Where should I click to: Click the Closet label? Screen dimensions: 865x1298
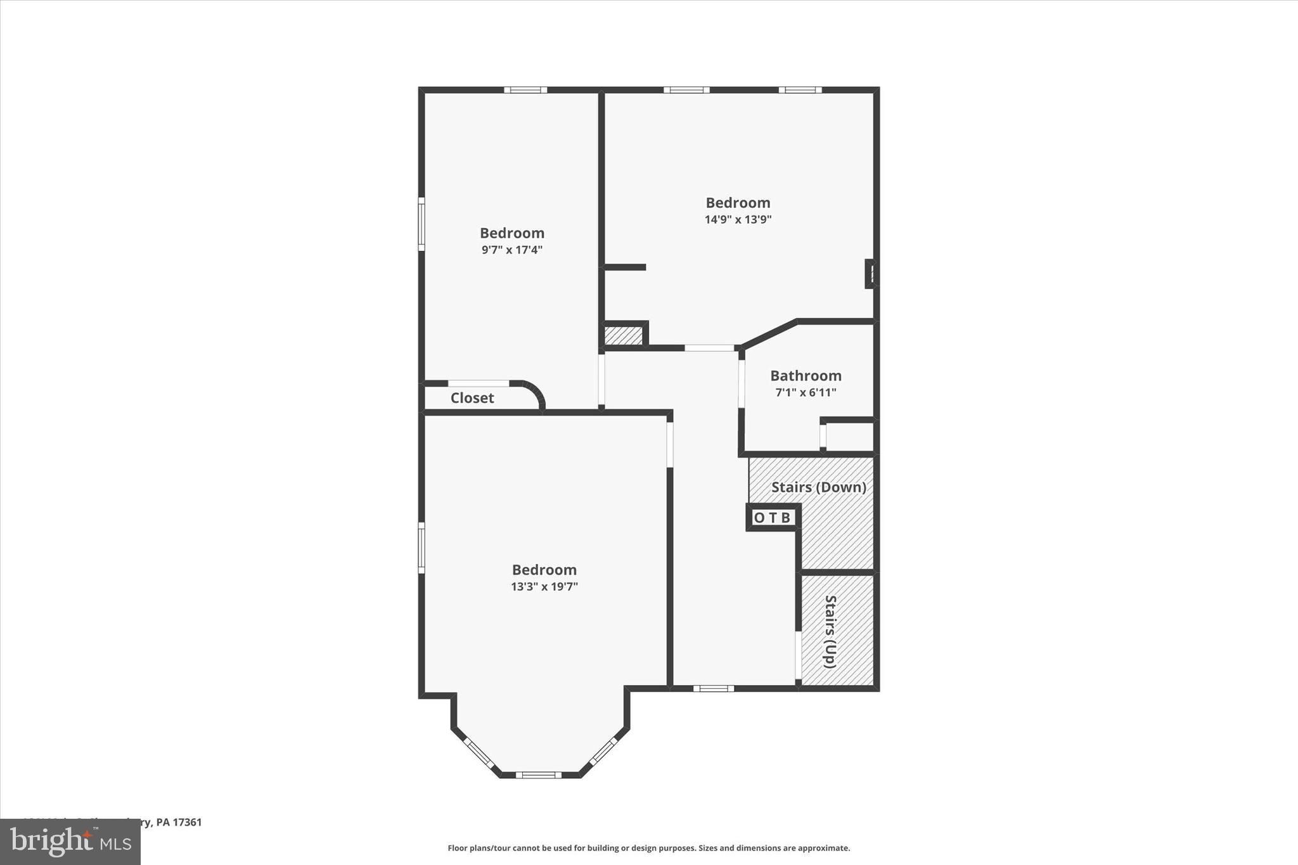pos(472,398)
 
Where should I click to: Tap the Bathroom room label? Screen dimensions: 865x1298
pos(806,376)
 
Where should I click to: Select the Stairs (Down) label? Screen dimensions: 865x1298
pos(818,487)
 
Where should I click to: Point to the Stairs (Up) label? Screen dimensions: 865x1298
pos(830,631)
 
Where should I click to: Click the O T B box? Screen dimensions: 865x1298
pos(772,518)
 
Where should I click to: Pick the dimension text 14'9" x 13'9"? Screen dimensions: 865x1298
pos(738,220)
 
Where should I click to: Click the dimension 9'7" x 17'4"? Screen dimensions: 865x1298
pos(511,250)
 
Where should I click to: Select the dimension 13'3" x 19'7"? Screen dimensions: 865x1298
pos(544,587)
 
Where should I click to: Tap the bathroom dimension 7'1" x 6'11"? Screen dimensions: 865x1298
pos(806,393)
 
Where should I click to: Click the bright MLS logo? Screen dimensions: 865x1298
pos(70,842)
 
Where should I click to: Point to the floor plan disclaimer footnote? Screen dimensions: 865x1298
pos(648,848)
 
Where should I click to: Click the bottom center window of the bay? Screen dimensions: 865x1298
pos(538,774)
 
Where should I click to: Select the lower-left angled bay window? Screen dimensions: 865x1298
pos(479,753)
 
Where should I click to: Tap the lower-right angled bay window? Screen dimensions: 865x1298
pos(603,752)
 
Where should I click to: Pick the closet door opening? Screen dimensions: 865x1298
pos(479,383)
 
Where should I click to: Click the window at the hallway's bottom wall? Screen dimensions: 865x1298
pos(713,688)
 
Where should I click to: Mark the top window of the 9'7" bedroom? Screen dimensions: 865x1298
pos(525,90)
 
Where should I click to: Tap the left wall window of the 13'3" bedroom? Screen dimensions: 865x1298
pos(421,548)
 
